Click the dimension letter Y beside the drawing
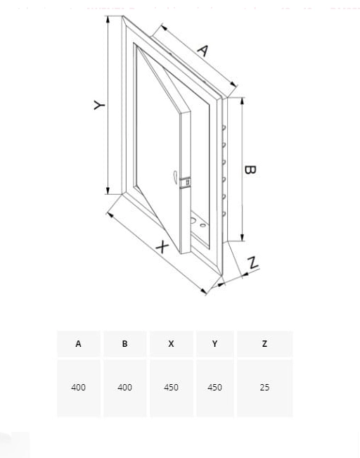point(99,105)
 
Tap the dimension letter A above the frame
point(202,51)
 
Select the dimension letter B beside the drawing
point(250,170)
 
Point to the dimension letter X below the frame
point(162,247)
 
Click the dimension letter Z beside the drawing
point(253,262)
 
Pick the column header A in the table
point(78,344)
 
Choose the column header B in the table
point(124,344)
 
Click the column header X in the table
point(171,344)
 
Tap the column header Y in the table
point(215,344)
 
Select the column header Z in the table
point(264,344)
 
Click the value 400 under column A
point(78,388)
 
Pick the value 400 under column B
point(124,388)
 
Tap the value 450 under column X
point(171,388)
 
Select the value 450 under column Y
point(215,388)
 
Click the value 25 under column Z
point(264,388)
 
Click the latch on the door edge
point(186,182)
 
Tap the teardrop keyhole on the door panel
point(175,177)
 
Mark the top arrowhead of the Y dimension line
point(108,19)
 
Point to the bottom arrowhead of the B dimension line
point(242,237)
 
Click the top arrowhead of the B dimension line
point(242,101)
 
